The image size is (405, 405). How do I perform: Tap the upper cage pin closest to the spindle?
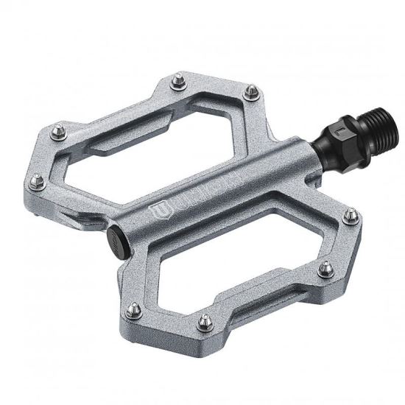tap(252, 91)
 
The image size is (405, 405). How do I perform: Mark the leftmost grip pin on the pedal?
tap(35, 178)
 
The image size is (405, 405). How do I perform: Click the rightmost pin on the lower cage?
tap(352, 214)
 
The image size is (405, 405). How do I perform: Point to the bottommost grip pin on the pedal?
tap(205, 321)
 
